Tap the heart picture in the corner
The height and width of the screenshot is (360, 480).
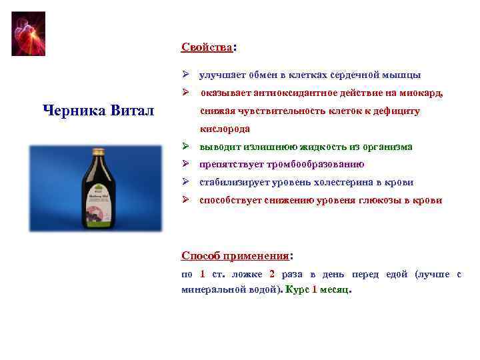tap(29, 33)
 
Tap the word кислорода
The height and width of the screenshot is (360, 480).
tap(225, 129)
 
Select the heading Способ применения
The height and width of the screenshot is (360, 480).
tap(235, 255)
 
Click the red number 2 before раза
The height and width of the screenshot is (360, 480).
tap(272, 274)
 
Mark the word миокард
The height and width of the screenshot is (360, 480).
tap(421, 93)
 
